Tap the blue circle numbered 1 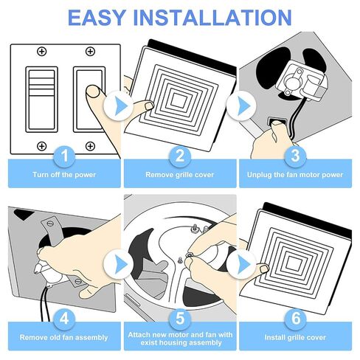coord(63,156)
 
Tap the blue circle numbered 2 coord(179,156)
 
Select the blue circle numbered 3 coord(295,156)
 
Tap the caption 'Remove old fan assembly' coord(63,337)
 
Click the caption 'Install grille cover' coord(295,337)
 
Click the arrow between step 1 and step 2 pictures coord(117,106)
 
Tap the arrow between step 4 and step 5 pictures coord(117,262)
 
